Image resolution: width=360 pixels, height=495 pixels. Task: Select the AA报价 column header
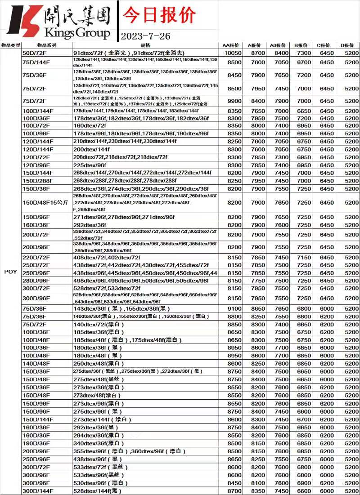(x=231, y=45)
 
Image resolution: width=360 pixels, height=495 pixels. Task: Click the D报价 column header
(x=347, y=45)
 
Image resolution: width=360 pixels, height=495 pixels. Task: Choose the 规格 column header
(x=145, y=45)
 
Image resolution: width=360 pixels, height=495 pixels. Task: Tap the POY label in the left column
(x=10, y=272)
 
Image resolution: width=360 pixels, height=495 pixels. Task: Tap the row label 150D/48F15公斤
(x=45, y=203)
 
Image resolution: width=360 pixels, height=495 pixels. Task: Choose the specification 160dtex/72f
(x=90, y=125)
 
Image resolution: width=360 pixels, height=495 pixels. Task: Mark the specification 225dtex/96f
(x=90, y=165)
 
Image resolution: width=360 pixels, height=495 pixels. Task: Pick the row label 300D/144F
(x=38, y=491)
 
